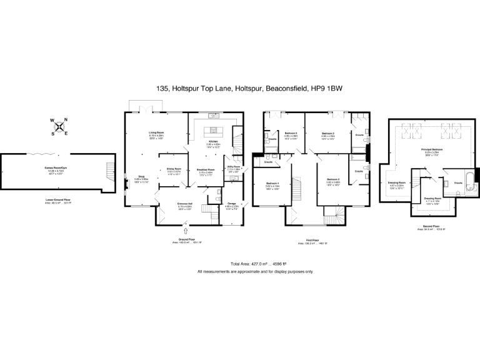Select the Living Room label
pos(156,132)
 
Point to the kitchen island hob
pos(214,131)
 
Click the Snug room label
pos(141,177)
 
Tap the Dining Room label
pos(173,169)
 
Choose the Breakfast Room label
pos(206,169)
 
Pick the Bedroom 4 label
pos(271,182)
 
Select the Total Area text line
pos(255,264)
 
